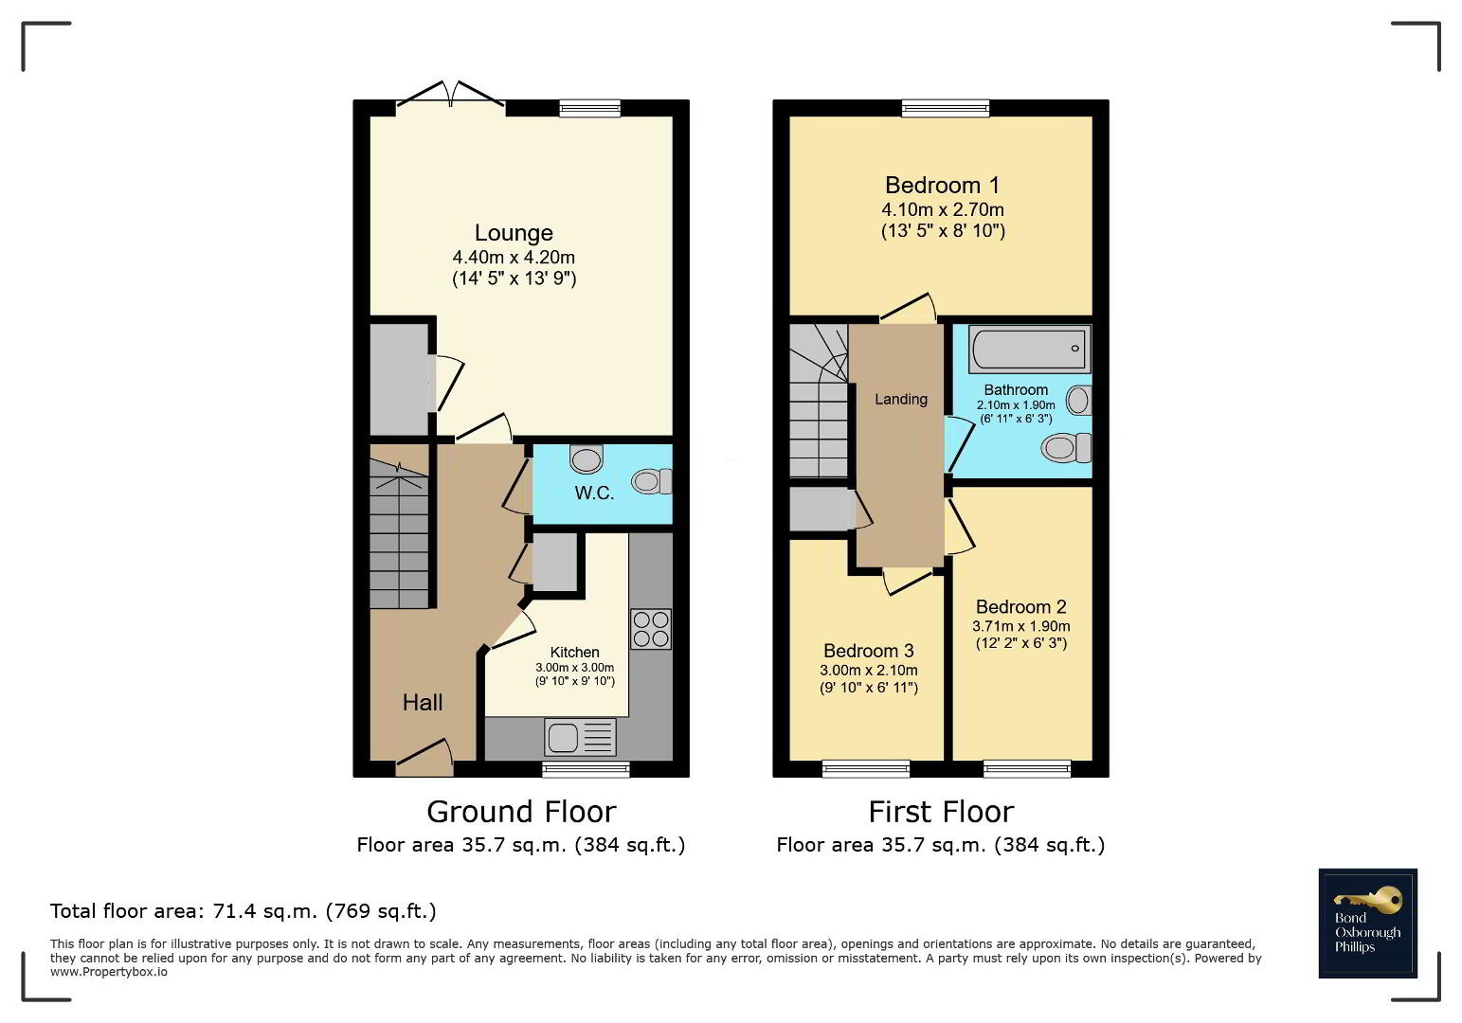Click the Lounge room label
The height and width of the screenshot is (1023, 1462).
514,233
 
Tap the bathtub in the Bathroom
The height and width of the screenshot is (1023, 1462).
1029,349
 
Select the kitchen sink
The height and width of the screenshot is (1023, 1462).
580,737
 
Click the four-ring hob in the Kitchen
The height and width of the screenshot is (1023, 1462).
651,629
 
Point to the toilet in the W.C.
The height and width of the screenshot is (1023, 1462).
651,481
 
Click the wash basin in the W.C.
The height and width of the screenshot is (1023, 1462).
587,458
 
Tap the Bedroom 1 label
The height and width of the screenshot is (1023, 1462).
942,186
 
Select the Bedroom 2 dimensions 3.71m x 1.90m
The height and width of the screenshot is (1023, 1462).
1020,626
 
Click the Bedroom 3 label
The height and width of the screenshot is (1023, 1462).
868,651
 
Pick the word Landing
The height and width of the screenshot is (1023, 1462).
901,399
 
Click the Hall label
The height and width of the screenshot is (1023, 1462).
423,703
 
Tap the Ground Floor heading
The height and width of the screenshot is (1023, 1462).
521,812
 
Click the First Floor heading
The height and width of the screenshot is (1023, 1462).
941,812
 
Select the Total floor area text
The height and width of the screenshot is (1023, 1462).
243,911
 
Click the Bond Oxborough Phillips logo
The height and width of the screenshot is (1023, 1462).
1367,923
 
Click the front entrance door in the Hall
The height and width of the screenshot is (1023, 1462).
424,758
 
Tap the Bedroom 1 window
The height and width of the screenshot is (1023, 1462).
945,108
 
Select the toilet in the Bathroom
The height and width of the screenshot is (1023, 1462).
1067,448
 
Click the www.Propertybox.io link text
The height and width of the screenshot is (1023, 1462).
109,972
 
